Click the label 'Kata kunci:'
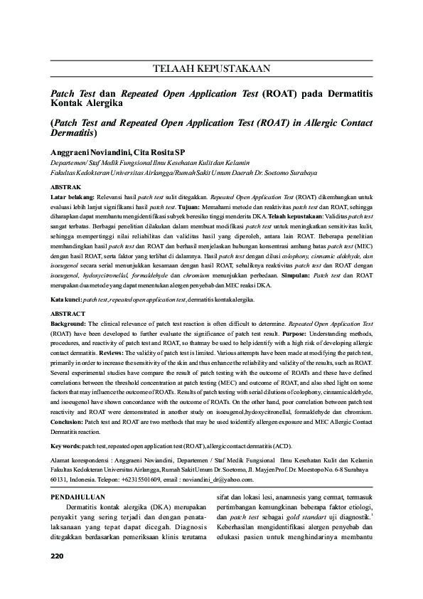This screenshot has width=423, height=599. click(66, 300)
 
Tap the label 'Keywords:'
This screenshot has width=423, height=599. click(66, 445)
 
